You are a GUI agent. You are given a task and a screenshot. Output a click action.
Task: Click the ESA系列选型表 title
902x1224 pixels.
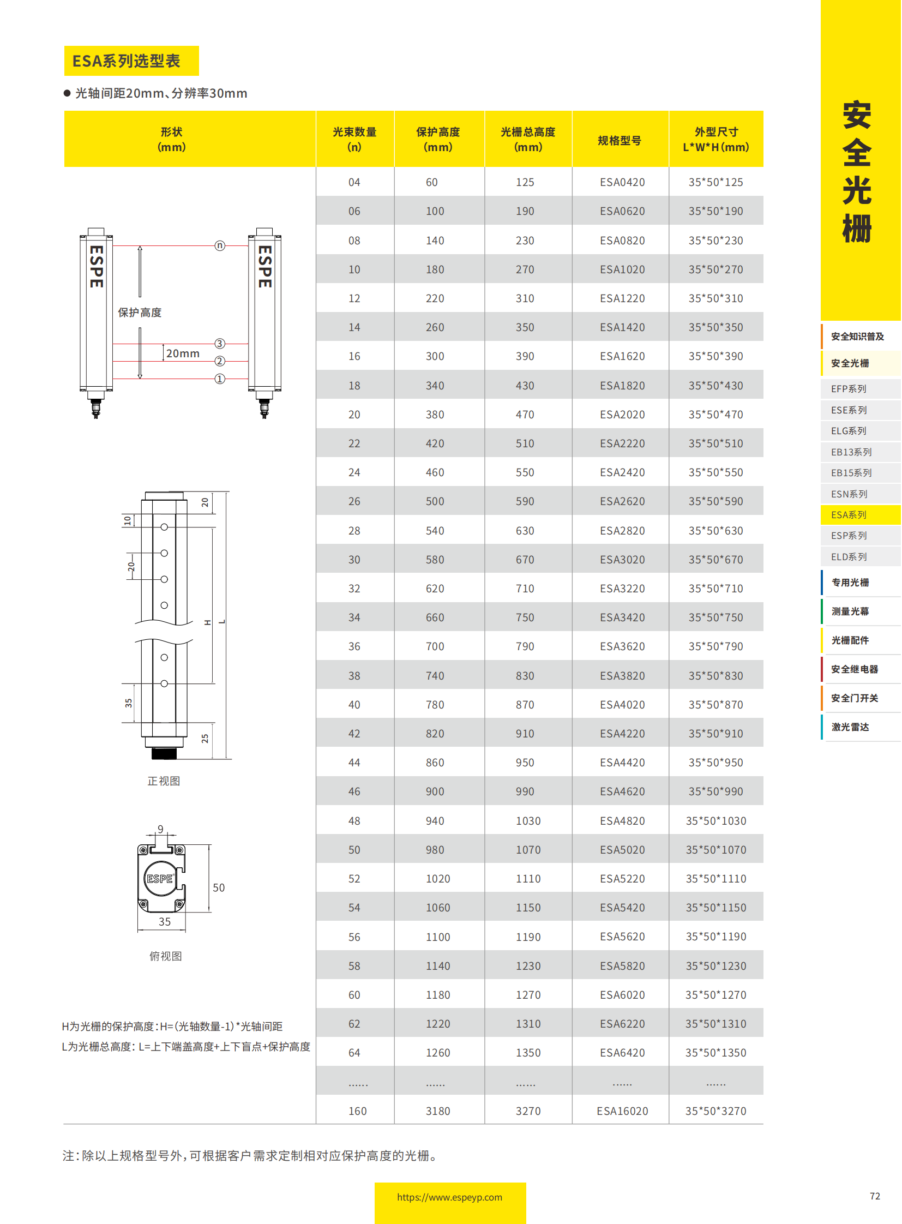(126, 61)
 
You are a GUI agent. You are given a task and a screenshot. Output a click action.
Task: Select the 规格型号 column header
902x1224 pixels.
(619, 140)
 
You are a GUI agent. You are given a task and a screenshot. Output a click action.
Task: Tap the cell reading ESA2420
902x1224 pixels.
(622, 472)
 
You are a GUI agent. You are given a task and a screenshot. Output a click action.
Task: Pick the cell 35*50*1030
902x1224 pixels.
(715, 821)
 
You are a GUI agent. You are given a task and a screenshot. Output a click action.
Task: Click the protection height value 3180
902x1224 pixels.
(437, 1111)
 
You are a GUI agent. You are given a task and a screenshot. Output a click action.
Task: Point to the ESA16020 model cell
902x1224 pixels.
(622, 1111)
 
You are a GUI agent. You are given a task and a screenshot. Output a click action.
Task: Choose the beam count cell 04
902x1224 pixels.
(354, 182)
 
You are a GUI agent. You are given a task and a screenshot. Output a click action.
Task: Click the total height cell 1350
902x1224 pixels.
(528, 1053)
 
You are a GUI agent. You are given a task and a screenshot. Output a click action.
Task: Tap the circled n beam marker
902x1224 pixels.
(219, 246)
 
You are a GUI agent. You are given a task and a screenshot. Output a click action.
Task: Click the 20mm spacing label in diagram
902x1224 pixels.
(182, 353)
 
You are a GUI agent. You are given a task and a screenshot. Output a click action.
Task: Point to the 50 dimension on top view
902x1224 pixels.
(218, 887)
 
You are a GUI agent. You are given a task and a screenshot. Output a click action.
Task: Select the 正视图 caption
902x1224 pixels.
(163, 781)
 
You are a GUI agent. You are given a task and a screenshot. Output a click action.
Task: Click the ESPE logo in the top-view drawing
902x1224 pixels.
(159, 878)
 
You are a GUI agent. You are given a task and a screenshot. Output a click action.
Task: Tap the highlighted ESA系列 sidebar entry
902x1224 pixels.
(849, 514)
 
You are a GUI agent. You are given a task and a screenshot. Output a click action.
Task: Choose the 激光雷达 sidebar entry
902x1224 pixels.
(850, 727)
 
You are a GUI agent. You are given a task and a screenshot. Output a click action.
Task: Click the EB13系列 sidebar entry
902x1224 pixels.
(851, 452)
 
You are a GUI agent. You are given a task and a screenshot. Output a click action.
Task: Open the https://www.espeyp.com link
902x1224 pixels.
(449, 1197)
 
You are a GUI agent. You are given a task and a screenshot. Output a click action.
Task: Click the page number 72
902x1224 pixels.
(874, 1196)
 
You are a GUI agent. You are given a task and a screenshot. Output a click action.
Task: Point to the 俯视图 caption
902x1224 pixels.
(165, 956)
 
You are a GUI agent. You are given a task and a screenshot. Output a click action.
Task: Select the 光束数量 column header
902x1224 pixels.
(354, 139)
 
